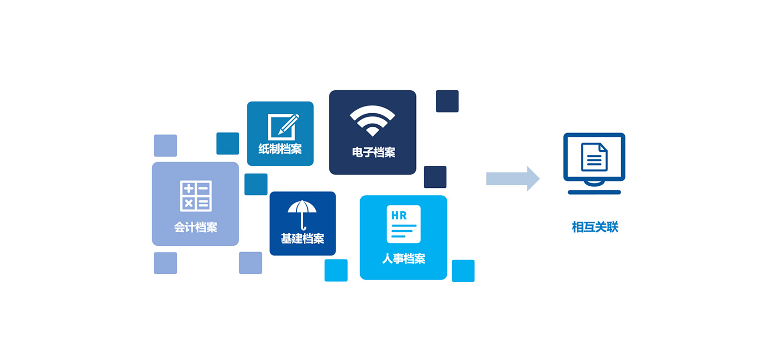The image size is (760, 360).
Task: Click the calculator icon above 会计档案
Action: click(196, 196)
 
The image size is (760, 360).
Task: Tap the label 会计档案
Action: click(196, 227)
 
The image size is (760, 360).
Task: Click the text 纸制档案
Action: click(280, 149)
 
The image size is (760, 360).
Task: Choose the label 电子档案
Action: click(374, 152)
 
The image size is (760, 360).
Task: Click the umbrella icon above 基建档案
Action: click(302, 215)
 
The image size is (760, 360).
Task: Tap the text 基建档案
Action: click(303, 238)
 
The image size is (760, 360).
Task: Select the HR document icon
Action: click(403, 224)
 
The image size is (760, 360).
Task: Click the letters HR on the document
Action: click(399, 215)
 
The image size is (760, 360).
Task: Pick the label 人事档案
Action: click(404, 259)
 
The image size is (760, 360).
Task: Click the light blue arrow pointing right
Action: click(513, 178)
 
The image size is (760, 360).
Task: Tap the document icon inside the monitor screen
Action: click(594, 157)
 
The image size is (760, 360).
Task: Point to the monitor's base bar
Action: click(595, 192)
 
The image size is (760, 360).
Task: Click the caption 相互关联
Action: click(595, 227)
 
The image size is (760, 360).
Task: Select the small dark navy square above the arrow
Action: click(447, 101)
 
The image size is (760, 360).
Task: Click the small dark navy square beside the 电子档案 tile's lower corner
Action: click(435, 177)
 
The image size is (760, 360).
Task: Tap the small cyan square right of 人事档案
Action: click(463, 271)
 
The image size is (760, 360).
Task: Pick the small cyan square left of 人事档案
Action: click(336, 270)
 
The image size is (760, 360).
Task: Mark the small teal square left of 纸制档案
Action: click(228, 143)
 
